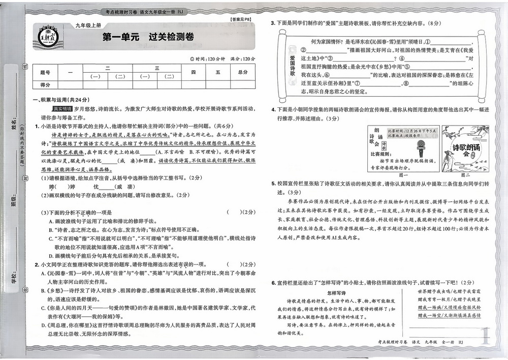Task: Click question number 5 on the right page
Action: click(273, 183)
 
